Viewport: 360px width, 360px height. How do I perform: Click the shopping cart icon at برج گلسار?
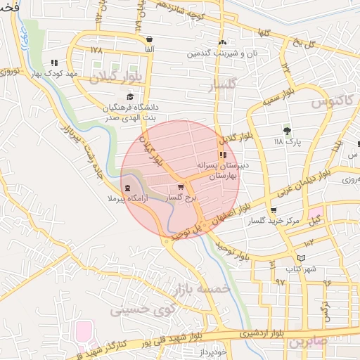coord(181,187)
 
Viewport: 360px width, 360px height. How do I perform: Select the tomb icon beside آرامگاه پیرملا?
coord(127,188)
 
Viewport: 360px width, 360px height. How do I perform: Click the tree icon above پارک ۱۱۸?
coord(286,130)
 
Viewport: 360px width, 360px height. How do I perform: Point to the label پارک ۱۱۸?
coord(287,141)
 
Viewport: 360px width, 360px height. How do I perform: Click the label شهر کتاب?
coord(301,269)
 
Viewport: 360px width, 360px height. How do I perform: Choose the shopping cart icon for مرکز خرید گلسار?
coord(273,210)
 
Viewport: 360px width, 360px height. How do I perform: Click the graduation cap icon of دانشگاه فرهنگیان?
coord(129,97)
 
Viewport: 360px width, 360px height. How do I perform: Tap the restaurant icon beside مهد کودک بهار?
coord(55,62)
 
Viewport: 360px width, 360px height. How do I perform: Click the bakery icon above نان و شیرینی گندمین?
coord(222,43)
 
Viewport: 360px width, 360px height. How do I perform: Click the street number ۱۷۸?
coord(97,51)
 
